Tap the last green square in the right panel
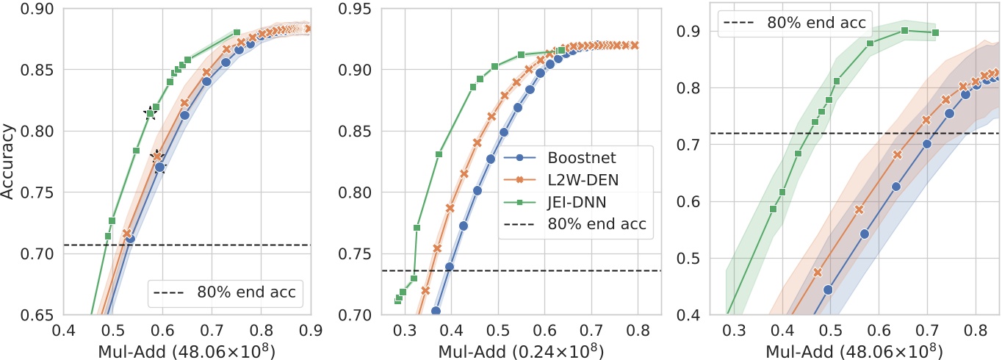[935, 32]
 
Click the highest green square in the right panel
[905, 30]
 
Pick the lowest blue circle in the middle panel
[436, 311]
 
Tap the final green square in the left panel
[237, 33]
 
